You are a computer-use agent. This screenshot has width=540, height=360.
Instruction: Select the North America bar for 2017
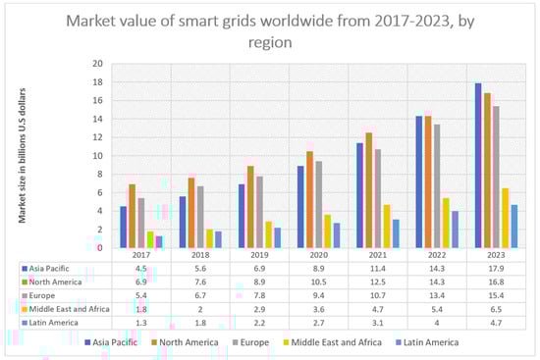tap(133, 216)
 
